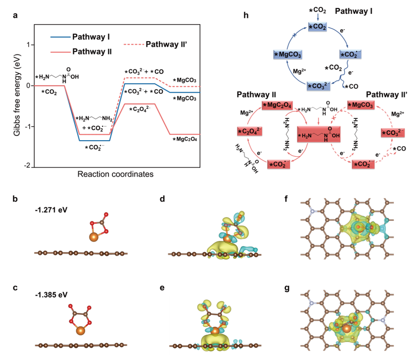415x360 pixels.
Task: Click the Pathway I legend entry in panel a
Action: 80,37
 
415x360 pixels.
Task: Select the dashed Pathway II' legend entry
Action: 155,44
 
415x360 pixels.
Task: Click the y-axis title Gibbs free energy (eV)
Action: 17,95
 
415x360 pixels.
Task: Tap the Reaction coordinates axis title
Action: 115,174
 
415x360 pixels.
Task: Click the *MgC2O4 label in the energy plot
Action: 184,139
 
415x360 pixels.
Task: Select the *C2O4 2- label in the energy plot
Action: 140,109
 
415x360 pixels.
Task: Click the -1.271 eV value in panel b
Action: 51,210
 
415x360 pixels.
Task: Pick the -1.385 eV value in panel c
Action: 51,295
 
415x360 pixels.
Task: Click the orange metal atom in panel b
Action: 93,237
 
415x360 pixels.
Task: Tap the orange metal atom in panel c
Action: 81,331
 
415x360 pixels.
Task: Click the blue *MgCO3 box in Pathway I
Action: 288,54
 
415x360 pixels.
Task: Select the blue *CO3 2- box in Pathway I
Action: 319,86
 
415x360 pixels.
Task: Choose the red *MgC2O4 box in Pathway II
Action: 277,105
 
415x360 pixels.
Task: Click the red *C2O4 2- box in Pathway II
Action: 250,131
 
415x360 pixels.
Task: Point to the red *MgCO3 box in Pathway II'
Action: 361,105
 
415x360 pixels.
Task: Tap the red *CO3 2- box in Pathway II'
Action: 393,132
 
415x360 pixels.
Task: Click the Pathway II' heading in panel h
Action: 387,95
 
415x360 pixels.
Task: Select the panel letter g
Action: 287,288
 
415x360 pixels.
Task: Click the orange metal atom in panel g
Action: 346,329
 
